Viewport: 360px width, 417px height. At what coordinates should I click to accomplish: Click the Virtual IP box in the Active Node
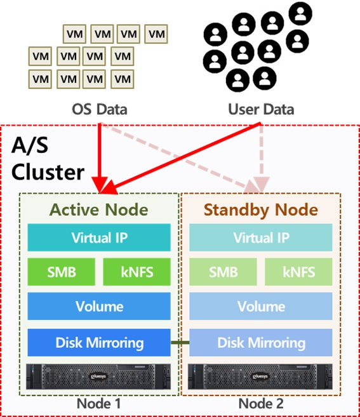click(x=99, y=237)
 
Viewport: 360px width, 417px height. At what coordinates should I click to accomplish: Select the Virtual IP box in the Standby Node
click(x=261, y=237)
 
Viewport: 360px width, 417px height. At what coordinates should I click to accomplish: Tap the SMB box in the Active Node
click(x=61, y=272)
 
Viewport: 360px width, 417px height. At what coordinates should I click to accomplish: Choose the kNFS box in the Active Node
click(x=137, y=272)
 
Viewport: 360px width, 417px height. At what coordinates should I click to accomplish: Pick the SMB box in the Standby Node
click(x=223, y=272)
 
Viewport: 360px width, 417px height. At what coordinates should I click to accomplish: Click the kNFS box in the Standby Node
click(x=298, y=272)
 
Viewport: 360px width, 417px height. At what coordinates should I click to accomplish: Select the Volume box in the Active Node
click(x=99, y=306)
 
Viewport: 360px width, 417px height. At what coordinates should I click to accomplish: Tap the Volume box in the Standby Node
click(x=261, y=306)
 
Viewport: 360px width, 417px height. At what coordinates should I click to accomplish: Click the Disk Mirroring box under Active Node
click(x=99, y=343)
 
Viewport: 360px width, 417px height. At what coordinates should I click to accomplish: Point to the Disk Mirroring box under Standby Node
click(x=261, y=343)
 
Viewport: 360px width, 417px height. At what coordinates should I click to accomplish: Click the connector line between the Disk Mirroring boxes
click(x=180, y=343)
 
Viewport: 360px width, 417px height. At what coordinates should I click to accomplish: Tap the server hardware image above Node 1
click(x=98, y=376)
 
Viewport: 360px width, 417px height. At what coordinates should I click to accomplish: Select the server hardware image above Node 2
click(x=260, y=376)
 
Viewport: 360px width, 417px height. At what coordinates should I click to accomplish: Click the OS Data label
click(x=100, y=109)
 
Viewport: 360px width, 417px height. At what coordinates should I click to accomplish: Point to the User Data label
click(x=261, y=109)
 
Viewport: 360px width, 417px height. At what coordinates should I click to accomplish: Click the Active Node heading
click(x=98, y=209)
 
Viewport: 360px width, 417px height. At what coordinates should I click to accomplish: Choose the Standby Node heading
click(x=261, y=210)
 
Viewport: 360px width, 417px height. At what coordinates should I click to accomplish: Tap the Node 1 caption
click(x=98, y=404)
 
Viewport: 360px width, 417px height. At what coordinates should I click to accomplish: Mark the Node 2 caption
click(x=261, y=404)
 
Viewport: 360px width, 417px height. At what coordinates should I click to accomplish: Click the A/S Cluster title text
click(x=48, y=159)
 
